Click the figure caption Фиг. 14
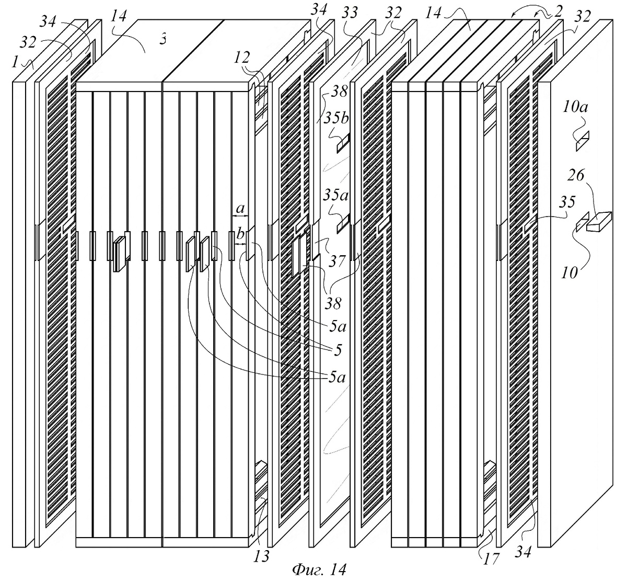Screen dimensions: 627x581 click(319, 569)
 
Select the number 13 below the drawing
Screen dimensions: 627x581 click(261, 556)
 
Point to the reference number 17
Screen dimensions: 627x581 click(491, 558)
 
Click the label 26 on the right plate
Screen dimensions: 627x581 click(576, 175)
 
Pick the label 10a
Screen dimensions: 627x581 click(575, 108)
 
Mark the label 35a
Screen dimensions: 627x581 click(335, 196)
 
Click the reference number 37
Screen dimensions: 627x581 click(337, 261)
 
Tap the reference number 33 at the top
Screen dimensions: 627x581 click(350, 13)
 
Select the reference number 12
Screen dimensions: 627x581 click(242, 58)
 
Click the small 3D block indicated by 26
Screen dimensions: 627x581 click(599, 222)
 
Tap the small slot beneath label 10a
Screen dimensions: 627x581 click(583, 141)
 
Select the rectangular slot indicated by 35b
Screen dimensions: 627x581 click(343, 143)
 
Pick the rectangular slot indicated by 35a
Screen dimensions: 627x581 click(343, 223)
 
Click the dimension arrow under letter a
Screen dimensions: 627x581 click(240, 216)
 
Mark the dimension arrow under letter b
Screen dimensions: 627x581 click(240, 244)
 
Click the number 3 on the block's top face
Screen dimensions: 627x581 click(163, 40)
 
